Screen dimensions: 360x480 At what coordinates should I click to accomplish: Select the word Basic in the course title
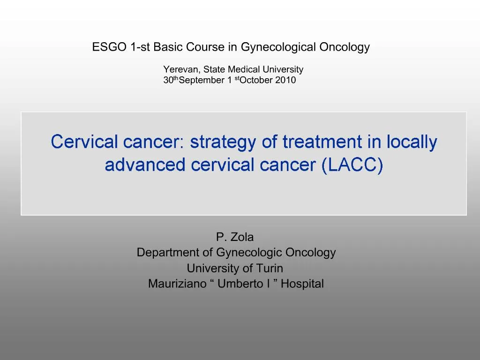click(x=168, y=47)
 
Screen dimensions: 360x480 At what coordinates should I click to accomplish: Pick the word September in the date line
click(x=202, y=80)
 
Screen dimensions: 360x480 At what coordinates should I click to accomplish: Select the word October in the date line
click(x=256, y=80)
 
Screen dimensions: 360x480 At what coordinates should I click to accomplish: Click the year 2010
click(x=285, y=80)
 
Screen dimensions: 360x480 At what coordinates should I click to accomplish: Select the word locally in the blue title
click(x=412, y=142)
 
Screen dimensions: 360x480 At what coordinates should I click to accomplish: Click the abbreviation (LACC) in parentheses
click(x=352, y=165)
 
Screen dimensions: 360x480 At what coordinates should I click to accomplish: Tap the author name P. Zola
click(x=235, y=237)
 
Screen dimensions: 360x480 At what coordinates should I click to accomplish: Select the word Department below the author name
click(x=168, y=253)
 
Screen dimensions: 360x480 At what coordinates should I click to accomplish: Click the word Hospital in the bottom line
click(x=302, y=284)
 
